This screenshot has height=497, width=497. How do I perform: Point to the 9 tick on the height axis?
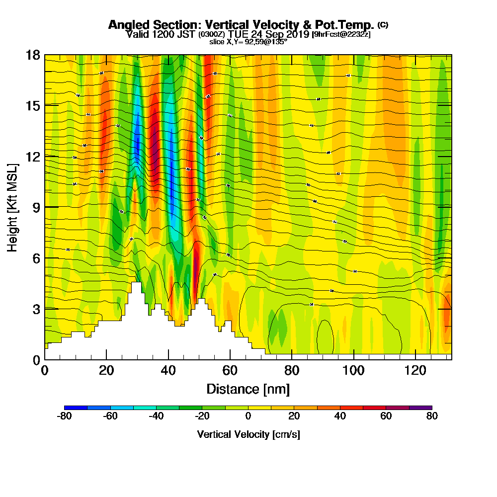[46, 207]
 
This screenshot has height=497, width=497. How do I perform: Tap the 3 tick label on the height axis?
[36, 309]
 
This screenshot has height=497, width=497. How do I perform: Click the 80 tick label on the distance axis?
[292, 370]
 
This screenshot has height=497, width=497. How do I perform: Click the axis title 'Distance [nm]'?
[248, 389]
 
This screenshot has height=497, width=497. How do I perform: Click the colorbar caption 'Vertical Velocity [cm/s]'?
[248, 434]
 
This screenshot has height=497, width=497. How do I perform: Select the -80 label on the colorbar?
[65, 416]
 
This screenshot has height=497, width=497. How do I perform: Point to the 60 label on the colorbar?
[386, 416]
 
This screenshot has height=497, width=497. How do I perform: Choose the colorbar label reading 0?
[248, 416]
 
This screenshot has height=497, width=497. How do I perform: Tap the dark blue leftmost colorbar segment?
[76, 408]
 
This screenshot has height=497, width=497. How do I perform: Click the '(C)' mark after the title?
[382, 24]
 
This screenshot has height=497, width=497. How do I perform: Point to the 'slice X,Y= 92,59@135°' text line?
[248, 41]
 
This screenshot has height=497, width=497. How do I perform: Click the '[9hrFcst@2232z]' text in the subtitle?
[341, 34]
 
